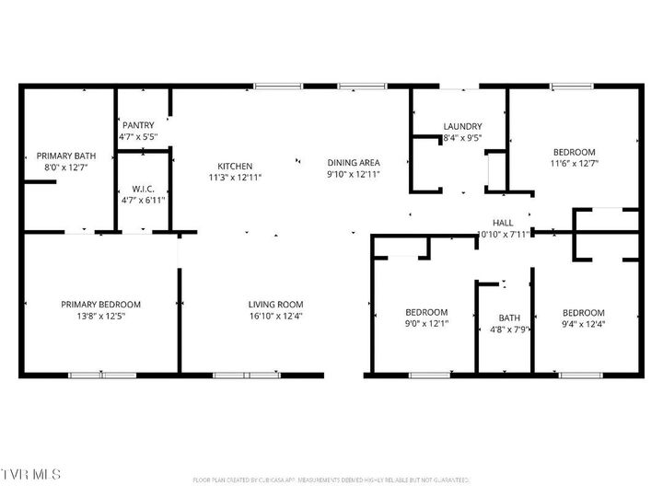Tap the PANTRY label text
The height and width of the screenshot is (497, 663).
click(138, 125)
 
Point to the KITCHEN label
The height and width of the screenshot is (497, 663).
click(235, 166)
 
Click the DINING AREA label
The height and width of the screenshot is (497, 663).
click(354, 162)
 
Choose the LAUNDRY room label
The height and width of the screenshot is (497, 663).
click(462, 126)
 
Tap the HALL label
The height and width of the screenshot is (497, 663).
click(503, 223)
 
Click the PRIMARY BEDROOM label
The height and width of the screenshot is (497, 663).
click(100, 304)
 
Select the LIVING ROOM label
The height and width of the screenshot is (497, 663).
click(275, 304)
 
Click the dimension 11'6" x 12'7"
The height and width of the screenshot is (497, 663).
click(574, 164)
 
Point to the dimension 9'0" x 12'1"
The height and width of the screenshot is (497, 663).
click(426, 324)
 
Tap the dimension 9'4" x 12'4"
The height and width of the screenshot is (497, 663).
click(584, 324)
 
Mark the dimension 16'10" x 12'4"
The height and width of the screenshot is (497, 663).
click(275, 316)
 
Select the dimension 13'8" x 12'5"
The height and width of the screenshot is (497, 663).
click(100, 316)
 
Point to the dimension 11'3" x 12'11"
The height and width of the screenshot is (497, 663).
click(235, 177)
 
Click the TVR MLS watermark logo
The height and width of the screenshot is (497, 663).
click(31, 474)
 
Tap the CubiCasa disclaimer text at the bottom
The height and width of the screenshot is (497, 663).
click(331, 480)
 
